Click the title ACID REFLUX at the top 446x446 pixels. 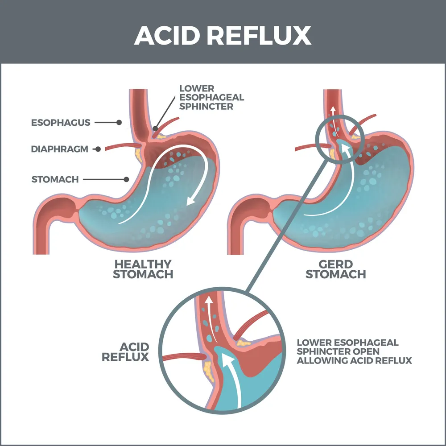pos(223,35)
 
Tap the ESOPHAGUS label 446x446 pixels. pos(61,122)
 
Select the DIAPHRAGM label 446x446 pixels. pos(59,149)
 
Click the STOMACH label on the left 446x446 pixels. pos(55,180)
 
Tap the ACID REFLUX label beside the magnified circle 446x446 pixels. pos(125,352)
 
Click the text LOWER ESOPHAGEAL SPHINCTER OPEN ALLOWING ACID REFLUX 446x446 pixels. pos(354,351)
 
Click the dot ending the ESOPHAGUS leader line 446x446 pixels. pos(119,122)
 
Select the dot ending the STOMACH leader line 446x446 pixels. pos(127,180)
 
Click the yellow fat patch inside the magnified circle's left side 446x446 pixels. pos(207,368)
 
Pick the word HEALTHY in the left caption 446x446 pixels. pos(143,264)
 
